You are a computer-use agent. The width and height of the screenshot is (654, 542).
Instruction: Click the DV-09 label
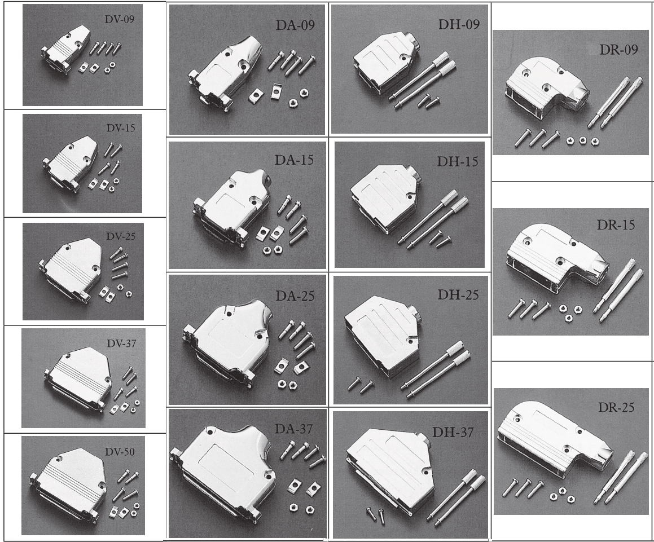[120, 19]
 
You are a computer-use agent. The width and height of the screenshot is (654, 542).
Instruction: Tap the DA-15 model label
[294, 160]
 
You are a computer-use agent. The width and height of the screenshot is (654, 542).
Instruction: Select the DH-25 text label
[458, 295]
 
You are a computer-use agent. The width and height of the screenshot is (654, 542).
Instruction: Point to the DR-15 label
[616, 224]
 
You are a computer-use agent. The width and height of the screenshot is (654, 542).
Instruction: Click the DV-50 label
[120, 452]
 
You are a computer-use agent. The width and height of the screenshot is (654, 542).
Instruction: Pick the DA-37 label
[293, 429]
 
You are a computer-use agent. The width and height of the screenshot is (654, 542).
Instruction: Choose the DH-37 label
[453, 433]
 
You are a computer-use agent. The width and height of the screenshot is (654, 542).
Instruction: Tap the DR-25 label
[616, 407]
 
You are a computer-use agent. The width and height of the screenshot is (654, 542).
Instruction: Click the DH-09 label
[459, 24]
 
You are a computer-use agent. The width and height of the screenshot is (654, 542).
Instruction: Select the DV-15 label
[121, 127]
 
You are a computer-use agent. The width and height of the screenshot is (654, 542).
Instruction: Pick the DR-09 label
[618, 50]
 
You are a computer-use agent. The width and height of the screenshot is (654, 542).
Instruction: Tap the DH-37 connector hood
[390, 471]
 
